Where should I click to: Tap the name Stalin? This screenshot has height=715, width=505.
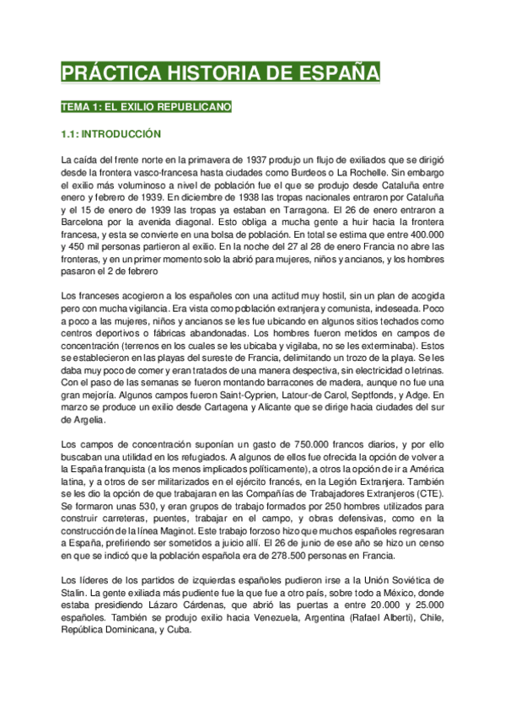75,597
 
